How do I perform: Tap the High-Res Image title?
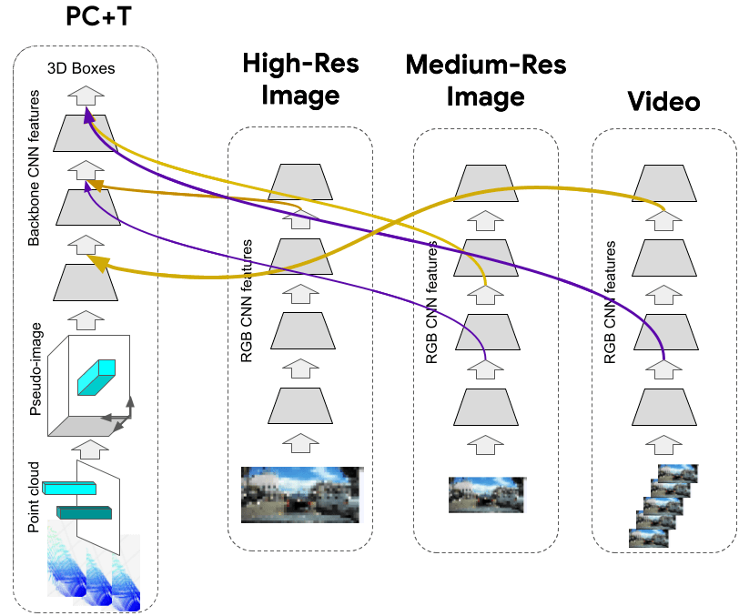(x=300, y=79)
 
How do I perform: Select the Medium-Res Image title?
(x=485, y=80)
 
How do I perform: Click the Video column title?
(x=663, y=101)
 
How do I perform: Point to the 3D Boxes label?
(x=82, y=68)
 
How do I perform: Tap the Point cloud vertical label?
(x=35, y=497)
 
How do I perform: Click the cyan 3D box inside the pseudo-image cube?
(x=96, y=376)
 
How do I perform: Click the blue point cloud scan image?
(x=91, y=569)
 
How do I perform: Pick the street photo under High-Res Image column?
(x=300, y=494)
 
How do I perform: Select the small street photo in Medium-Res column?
(x=486, y=494)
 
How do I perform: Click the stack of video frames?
(x=663, y=505)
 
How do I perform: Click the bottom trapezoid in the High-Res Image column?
(x=300, y=404)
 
